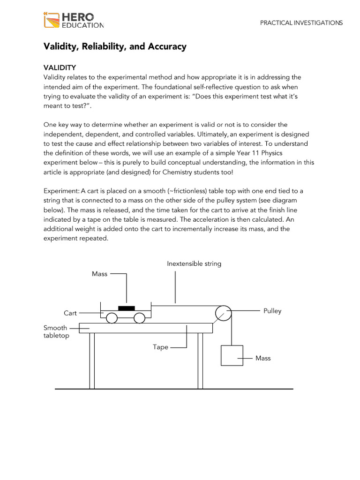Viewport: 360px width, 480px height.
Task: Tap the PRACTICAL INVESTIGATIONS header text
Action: coord(301,22)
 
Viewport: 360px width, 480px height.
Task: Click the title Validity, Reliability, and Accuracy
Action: coord(115,46)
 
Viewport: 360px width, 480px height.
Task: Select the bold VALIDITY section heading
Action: coord(60,67)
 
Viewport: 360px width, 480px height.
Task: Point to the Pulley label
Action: coord(272,311)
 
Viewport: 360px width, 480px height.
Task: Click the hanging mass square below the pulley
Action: coord(232,355)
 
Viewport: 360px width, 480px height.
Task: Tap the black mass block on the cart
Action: coord(126,308)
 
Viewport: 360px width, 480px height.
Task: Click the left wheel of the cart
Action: coord(112,318)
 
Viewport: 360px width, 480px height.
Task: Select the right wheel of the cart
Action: coord(139,318)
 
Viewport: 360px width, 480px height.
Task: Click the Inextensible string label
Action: coord(194,264)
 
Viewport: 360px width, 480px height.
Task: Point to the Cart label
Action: coord(70,313)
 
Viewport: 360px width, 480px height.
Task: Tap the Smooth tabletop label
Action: coord(56,331)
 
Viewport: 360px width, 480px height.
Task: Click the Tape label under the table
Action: coord(160,347)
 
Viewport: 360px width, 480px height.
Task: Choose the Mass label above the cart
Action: coord(99,274)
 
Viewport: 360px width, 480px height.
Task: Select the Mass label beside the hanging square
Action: coord(263,358)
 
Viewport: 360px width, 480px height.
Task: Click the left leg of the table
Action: coord(92,360)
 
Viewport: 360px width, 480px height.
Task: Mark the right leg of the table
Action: coord(200,360)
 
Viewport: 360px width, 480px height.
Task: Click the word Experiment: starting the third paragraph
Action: coord(61,191)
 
